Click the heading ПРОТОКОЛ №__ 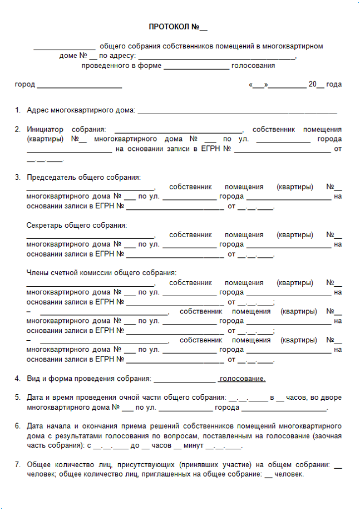point(178,27)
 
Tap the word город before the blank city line point(24,85)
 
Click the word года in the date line point(334,85)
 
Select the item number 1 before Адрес point(18,110)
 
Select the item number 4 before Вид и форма point(18,379)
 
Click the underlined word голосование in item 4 point(242,379)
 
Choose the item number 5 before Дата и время point(18,398)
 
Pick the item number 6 point(18,426)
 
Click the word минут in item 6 point(193,445)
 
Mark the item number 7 point(18,464)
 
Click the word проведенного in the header point(105,66)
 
